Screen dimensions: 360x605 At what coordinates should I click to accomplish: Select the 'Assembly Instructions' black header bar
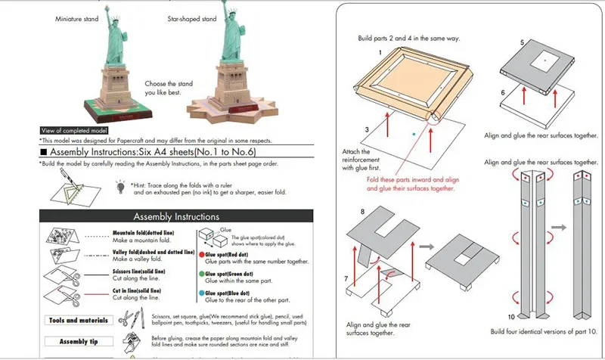[166, 216]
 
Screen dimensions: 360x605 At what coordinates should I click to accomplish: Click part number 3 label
[366, 131]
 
